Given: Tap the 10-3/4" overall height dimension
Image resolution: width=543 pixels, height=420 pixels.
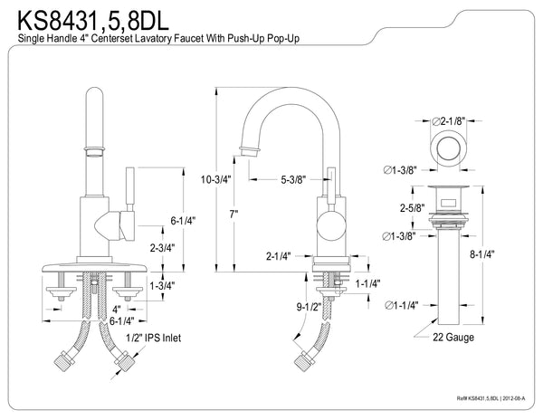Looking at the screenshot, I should [x=216, y=180].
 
